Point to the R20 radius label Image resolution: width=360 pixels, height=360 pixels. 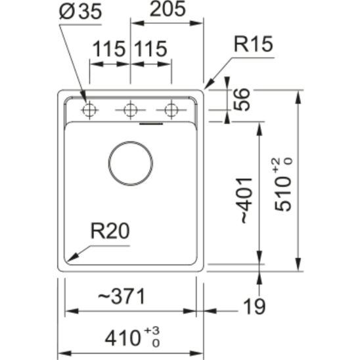point(110,231)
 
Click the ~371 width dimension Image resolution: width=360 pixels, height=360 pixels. point(121,297)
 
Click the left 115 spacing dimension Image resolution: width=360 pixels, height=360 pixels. point(109,49)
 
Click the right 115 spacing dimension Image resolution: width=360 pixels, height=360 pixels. point(150,49)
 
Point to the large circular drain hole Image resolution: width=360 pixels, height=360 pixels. point(131,162)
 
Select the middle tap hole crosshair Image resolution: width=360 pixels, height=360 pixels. point(131,110)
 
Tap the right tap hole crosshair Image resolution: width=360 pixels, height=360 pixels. point(171,110)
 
